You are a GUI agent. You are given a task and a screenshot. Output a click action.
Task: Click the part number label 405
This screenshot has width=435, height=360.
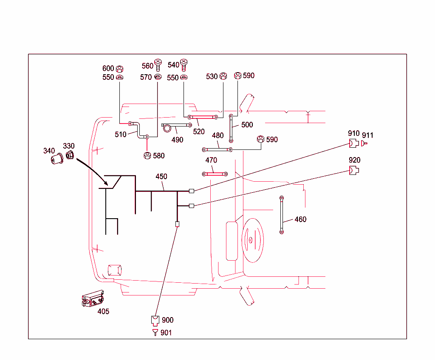(103, 311)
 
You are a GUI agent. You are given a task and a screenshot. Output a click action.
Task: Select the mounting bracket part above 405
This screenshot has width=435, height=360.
(93, 299)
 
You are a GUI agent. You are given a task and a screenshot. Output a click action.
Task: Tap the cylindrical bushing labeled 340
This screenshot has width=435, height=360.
(57, 160)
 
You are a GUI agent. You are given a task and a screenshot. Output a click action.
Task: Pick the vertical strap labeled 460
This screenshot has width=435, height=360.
(282, 215)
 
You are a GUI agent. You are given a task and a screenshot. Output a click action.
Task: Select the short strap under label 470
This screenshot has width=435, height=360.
(215, 174)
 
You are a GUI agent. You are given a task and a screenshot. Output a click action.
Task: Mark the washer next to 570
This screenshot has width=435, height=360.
(158, 77)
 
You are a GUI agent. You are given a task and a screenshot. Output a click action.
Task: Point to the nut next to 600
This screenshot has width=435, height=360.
(119, 69)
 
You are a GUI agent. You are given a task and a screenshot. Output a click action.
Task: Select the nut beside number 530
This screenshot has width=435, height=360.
(223, 76)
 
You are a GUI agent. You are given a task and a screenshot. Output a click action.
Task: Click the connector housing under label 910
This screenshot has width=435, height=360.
(354, 143)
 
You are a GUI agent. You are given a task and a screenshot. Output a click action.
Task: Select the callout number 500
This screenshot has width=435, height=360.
(247, 125)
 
